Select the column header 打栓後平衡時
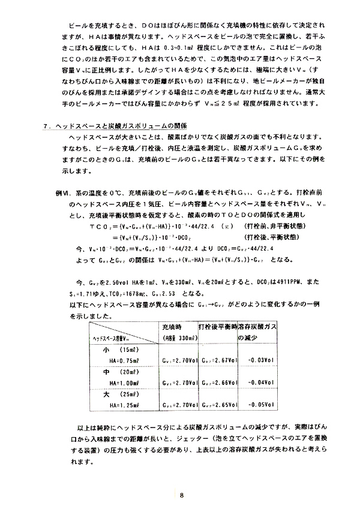(217, 327)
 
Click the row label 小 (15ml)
(120, 349)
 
